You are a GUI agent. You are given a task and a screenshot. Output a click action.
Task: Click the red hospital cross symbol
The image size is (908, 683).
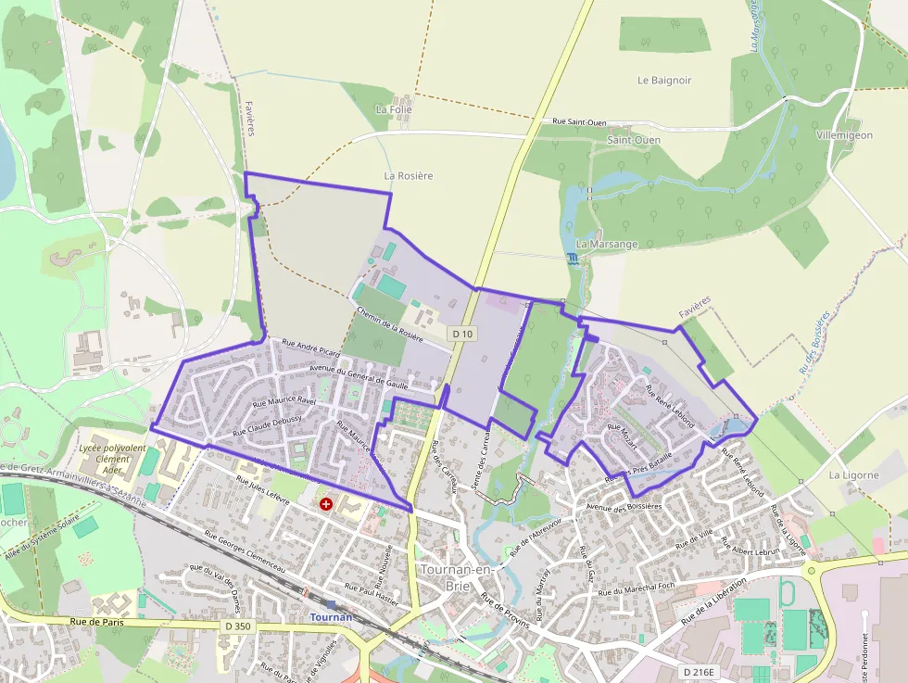[x=326, y=504]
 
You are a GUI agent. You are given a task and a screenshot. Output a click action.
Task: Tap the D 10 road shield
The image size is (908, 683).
[x=463, y=333]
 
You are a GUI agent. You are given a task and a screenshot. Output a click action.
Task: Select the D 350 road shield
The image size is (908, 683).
[x=238, y=626]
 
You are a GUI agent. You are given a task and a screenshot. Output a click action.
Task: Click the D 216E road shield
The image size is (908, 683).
[x=700, y=671]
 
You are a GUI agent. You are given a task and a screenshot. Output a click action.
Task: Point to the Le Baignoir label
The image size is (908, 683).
[x=664, y=81]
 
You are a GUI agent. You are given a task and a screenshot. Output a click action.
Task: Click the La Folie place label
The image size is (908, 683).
[x=393, y=109]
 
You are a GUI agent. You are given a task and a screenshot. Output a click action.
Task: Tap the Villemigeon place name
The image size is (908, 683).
[x=844, y=135]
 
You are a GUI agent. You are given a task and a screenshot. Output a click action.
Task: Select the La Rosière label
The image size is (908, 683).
[x=409, y=175]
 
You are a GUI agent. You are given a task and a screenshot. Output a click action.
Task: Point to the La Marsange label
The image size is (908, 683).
[x=607, y=244]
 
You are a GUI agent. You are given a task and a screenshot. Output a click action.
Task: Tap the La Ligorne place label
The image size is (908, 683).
[x=853, y=475]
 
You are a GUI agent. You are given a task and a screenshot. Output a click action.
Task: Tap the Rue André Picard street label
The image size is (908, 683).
[x=310, y=348]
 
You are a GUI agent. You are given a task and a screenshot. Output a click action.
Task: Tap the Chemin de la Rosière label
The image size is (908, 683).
[x=389, y=321]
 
